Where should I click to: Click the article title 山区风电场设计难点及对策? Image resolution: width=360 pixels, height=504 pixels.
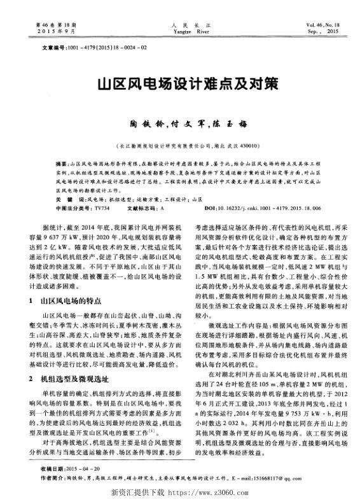click(179, 84)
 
